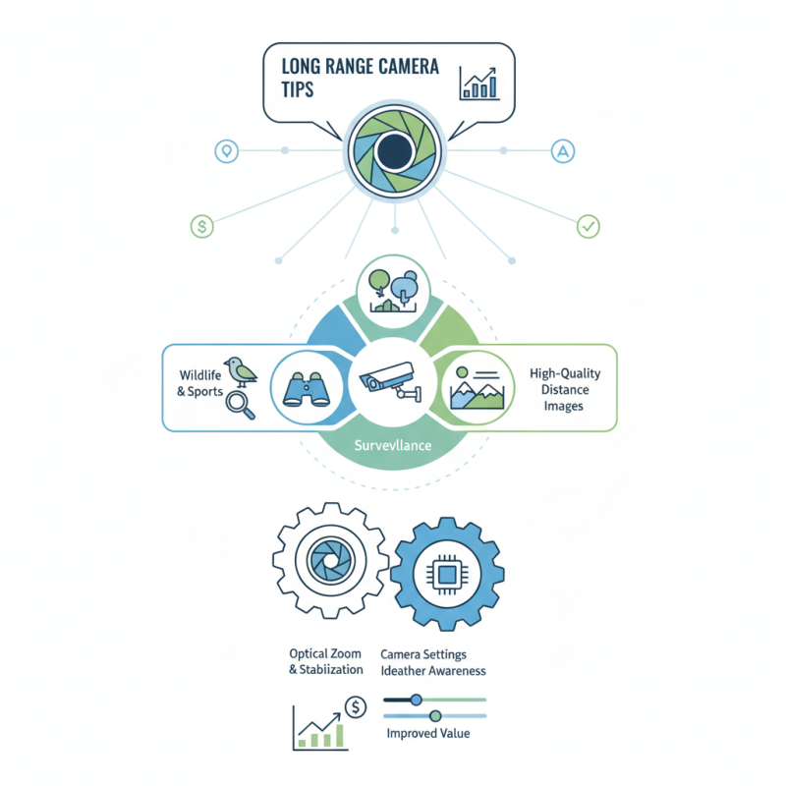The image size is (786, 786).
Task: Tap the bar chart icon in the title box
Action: point(479,84)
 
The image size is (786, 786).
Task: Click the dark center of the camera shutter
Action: point(394,151)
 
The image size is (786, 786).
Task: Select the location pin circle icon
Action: point(227,151)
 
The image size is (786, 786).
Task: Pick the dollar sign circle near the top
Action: point(201,226)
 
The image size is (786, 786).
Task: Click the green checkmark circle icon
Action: point(588,226)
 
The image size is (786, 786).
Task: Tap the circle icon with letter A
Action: point(562,151)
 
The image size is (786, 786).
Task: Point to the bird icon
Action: point(239,369)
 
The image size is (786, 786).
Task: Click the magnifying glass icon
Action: point(239,404)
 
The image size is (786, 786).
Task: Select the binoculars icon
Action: point(305,387)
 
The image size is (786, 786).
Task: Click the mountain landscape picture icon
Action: point(477,386)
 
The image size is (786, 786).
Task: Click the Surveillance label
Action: point(393,444)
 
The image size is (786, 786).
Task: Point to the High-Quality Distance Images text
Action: point(564,389)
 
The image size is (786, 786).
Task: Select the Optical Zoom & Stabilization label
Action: point(325,661)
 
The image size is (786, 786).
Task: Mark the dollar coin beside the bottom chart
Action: point(355,706)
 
